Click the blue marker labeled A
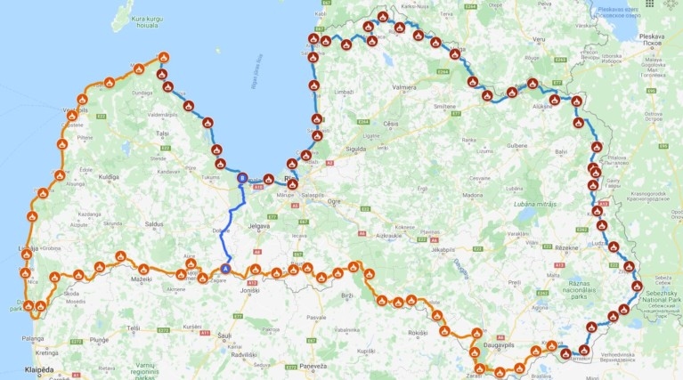click(x=226, y=267)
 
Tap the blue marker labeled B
click(x=241, y=177)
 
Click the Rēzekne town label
click(x=541, y=248)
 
